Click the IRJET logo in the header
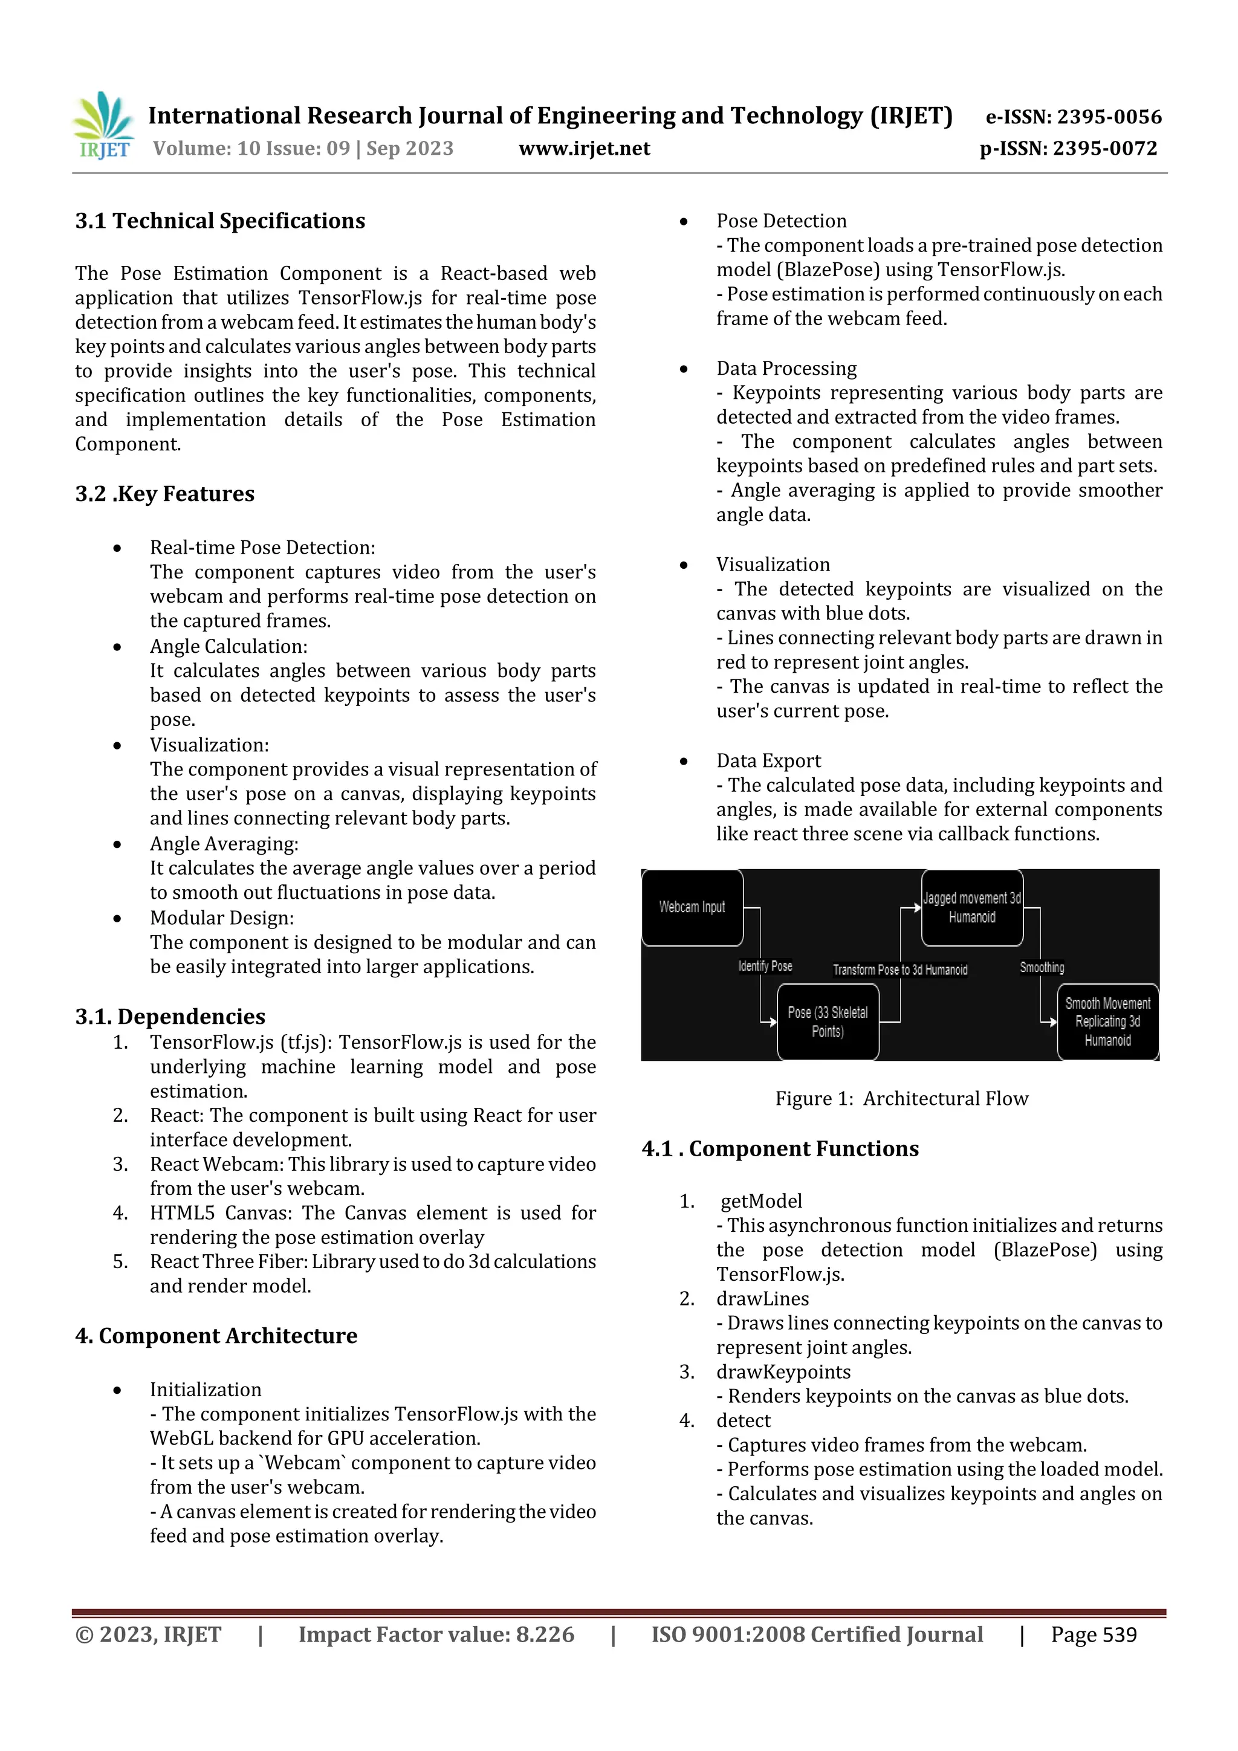tap(103, 126)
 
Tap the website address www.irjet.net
tap(585, 149)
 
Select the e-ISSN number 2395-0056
tap(1109, 117)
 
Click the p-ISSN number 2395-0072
tap(1104, 149)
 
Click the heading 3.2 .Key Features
tap(165, 494)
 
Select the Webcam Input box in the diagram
tap(692, 907)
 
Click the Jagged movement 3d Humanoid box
tap(972, 907)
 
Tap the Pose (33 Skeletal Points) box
tap(828, 1022)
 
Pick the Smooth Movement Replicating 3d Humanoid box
tap(1107, 1022)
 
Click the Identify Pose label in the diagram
tap(765, 966)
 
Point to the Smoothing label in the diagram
tap(1042, 968)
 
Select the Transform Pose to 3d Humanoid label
tap(900, 970)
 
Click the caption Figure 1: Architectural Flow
tap(902, 1099)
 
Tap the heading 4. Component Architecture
tap(216, 1336)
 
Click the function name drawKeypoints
tap(783, 1372)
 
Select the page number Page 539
tap(1094, 1635)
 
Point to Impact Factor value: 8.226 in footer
tap(436, 1635)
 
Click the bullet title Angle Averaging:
tap(224, 844)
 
